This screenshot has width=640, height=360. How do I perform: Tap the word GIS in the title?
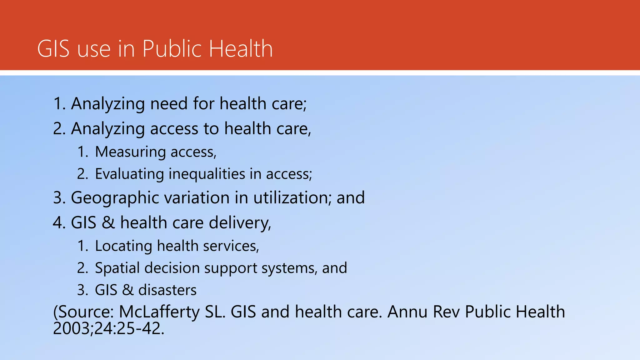click(x=53, y=49)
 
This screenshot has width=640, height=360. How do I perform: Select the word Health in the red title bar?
click(x=241, y=49)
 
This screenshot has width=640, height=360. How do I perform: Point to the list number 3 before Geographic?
click(x=58, y=198)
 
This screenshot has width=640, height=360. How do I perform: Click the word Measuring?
click(x=130, y=152)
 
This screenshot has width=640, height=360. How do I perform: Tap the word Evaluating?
click(x=129, y=174)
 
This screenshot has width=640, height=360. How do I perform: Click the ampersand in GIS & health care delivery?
click(x=108, y=223)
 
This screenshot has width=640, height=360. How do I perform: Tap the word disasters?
click(x=167, y=290)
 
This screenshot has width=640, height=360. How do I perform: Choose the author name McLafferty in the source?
click(x=159, y=312)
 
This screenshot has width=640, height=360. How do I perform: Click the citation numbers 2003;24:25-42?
click(x=108, y=328)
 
